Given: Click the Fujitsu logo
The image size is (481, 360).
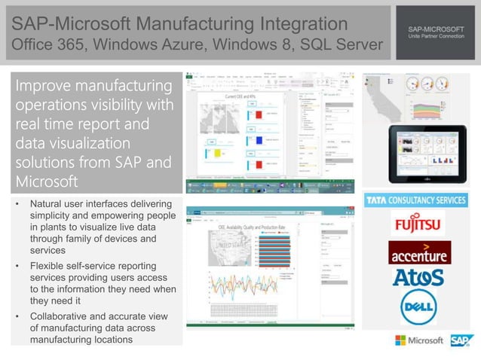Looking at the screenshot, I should pos(417,224).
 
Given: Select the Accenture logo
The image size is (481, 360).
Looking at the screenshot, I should pos(419,253).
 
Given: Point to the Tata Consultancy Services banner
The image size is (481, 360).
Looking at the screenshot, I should pos(416,200).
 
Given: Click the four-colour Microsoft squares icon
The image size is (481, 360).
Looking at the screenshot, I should pos(400,340).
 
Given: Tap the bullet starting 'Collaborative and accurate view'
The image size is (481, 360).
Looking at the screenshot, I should pos(98,328).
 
